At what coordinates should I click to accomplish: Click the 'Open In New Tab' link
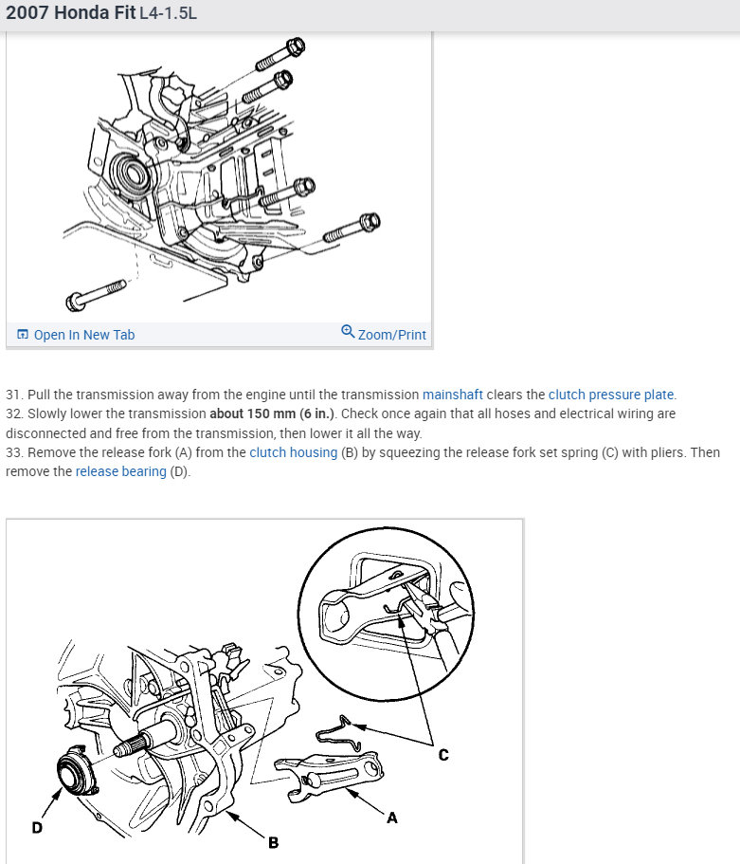coord(83,335)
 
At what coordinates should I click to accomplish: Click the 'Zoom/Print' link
coord(391,335)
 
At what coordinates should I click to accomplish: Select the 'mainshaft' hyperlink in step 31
coord(453,395)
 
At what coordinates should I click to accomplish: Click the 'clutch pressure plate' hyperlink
coord(611,395)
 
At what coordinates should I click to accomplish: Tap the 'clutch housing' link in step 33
coord(293,452)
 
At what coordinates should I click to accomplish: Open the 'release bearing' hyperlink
coord(120,471)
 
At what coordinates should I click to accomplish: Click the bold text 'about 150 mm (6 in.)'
coord(270,414)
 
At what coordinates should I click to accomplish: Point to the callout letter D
coord(37,828)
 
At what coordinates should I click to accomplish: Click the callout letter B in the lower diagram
coord(273,842)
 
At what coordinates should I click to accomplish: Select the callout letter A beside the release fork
coord(391,818)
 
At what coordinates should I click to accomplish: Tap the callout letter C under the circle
coord(442,755)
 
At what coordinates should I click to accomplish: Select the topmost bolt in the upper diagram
coord(279,54)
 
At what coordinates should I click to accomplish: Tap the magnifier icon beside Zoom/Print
coord(348,332)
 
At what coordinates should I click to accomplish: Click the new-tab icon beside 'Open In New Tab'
coord(23,335)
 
